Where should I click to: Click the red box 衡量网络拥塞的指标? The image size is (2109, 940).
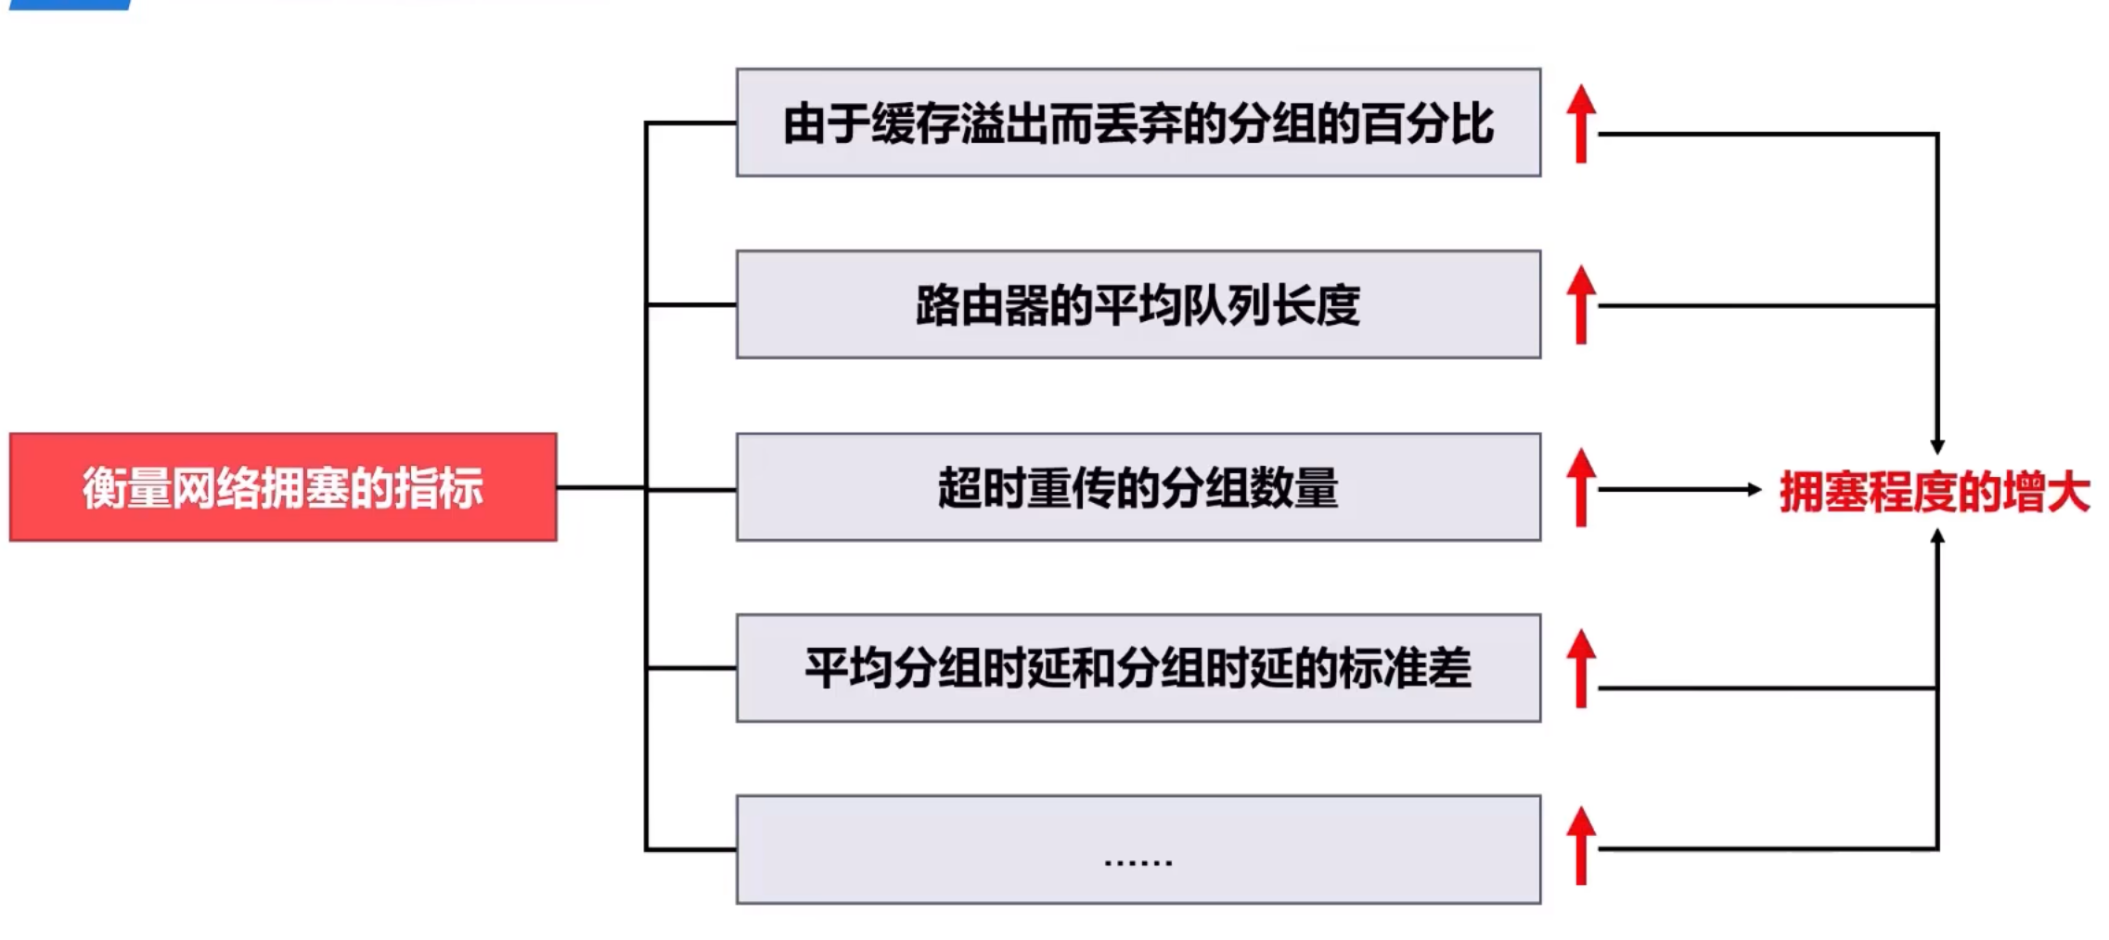point(283,487)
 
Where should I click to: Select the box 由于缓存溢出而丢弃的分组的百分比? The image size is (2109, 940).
point(1138,122)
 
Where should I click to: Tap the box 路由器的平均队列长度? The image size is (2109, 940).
point(1138,304)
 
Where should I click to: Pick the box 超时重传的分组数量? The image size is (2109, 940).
point(1138,487)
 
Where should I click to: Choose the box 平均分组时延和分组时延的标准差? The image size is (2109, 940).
point(1138,668)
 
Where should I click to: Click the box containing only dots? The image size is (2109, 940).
point(1138,849)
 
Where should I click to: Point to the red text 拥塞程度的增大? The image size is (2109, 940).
point(1934,492)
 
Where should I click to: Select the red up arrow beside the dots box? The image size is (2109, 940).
point(1581,845)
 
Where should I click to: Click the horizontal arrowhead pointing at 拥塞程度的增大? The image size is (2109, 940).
point(1754,489)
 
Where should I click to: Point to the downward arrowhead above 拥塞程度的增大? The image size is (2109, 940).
point(1937,446)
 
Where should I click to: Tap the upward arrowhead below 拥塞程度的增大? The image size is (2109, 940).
point(1937,536)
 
